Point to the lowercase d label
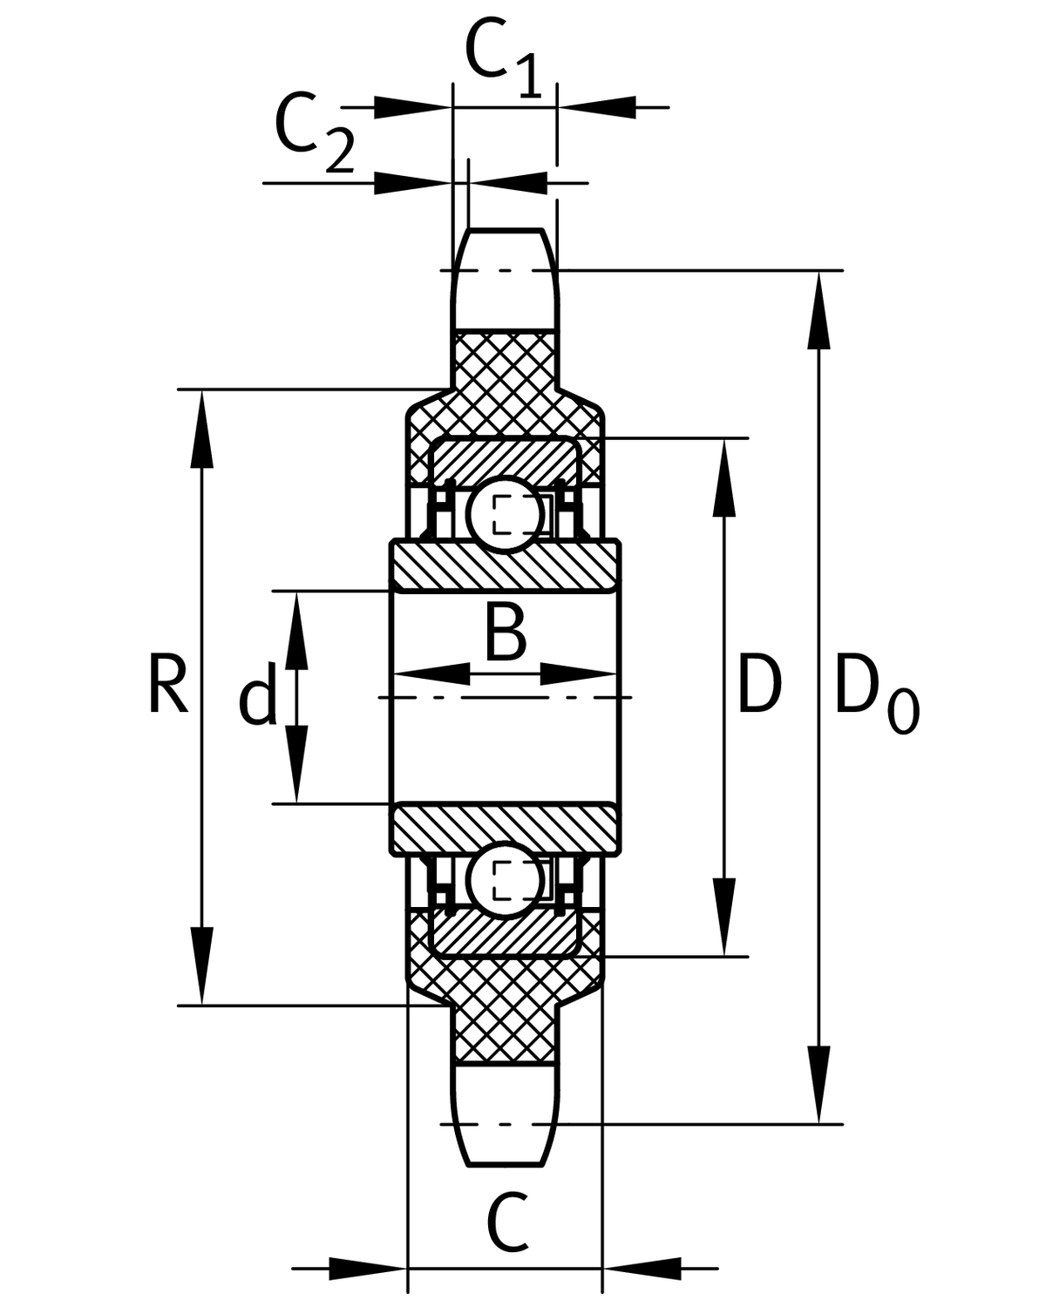[258, 694]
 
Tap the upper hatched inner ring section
[506, 565]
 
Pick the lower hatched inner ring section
[506, 829]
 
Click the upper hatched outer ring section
[506, 459]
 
